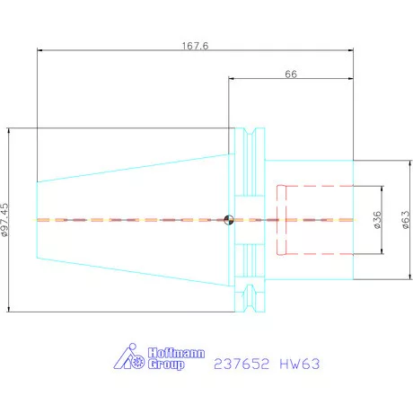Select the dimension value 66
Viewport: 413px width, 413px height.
pyautogui.click(x=291, y=75)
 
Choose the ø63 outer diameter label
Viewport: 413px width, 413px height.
pyautogui.click(x=405, y=220)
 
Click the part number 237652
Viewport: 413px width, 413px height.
pyautogui.click(x=237, y=365)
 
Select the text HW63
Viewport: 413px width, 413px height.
pyautogui.click(x=298, y=365)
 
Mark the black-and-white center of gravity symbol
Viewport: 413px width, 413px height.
pyautogui.click(x=229, y=219)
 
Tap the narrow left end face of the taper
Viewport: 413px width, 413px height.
pyautogui.click(x=37, y=220)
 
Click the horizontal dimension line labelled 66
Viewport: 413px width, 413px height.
pyautogui.click(x=291, y=82)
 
